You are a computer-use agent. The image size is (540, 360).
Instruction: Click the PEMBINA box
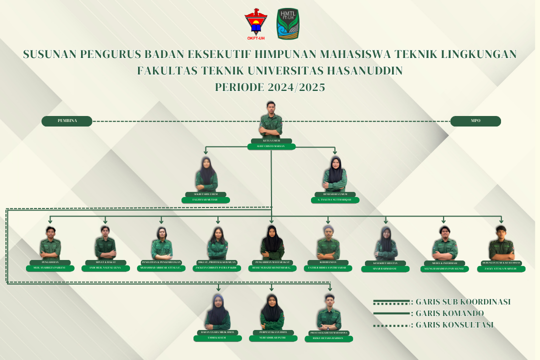coord(67,121)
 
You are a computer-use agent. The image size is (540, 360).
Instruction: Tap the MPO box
coord(475,121)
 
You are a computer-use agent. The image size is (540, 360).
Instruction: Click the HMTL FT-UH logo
coord(288,24)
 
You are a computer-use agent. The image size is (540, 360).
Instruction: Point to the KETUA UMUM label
coord(271,141)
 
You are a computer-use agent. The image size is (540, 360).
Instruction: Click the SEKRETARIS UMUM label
coord(205,194)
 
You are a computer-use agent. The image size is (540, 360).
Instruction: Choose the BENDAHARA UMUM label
coord(335,194)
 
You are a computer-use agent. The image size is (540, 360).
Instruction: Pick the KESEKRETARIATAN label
coord(385,263)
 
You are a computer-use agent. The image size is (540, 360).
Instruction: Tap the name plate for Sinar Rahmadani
coord(385,269)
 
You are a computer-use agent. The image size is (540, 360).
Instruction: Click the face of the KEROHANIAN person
coord(328,232)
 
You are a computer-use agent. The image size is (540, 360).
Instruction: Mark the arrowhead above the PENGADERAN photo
coord(50,220)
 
